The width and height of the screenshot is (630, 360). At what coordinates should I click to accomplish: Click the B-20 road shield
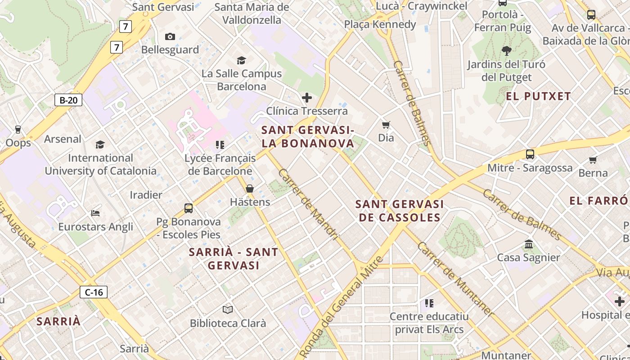pos(68,100)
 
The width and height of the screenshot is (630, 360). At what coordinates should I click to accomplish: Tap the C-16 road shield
pos(94,292)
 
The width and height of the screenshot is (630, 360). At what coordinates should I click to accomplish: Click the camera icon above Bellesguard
pos(170,37)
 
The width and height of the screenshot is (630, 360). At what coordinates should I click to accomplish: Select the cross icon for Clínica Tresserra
pos(307,97)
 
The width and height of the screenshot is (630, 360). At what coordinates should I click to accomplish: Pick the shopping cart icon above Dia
pos(386,125)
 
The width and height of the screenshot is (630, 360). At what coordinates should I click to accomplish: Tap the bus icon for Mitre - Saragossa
pos(530,154)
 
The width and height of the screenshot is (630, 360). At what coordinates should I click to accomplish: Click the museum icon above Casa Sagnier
pos(529,244)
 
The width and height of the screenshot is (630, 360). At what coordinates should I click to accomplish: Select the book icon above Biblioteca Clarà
pos(228,310)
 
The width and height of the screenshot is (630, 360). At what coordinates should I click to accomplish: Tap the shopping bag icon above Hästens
pos(250,189)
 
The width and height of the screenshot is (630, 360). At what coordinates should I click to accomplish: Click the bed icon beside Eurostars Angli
pos(95,213)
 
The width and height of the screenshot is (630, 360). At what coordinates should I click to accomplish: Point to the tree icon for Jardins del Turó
pos(506,50)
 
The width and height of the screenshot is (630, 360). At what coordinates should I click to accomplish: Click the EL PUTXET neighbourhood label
pos(538,96)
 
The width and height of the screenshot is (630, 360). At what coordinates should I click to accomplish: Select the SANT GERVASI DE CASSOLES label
pos(398,211)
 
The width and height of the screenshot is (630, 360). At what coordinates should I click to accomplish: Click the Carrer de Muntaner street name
pos(455,279)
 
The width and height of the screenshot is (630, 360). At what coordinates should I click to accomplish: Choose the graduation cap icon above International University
pos(100,144)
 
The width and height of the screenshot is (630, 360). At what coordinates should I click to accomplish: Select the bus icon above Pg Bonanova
pos(189,208)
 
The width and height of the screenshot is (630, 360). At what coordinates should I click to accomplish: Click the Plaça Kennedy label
pos(380,24)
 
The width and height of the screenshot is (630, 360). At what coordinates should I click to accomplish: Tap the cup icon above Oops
pos(18,130)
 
